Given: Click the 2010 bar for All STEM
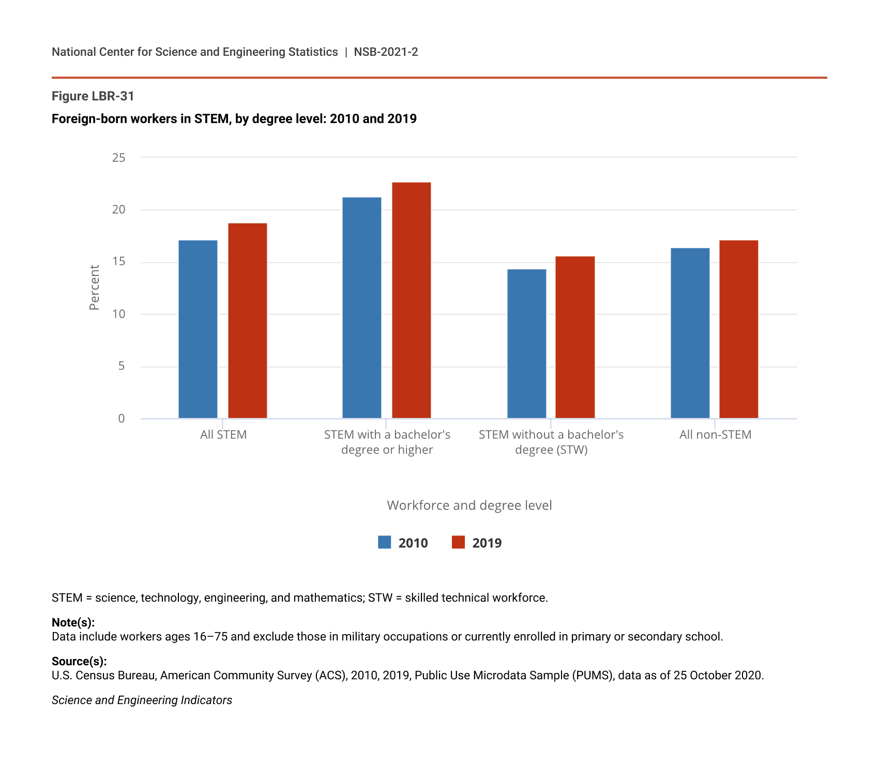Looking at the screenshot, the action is tap(198, 329).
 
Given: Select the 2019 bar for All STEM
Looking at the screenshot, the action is tap(248, 321).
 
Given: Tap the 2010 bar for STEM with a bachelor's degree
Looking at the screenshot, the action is tap(362, 308).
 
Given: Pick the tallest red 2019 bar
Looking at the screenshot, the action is tap(412, 300).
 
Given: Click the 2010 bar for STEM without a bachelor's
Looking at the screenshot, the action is tap(527, 343).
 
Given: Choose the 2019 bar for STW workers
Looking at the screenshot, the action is tap(575, 337).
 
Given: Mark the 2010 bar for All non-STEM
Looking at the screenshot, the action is tap(690, 333).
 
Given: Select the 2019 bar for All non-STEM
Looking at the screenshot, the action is tap(739, 329).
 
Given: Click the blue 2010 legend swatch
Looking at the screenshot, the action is tap(385, 542).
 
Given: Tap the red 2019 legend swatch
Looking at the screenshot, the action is tap(459, 542).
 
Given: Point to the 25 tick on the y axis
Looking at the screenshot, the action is tap(119, 157).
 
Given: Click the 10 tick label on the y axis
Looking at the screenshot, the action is tap(119, 314).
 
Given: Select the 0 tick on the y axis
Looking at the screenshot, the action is tap(122, 418).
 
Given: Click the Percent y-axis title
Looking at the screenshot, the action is tap(94, 288).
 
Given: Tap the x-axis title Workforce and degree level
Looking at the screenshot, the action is tap(469, 505).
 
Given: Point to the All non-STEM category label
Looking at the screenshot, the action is tap(715, 435).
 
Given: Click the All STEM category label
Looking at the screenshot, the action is tap(223, 435).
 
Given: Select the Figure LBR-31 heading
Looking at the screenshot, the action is tap(93, 96).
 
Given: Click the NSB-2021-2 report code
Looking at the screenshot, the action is tap(386, 52).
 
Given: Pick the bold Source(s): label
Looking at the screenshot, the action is tap(79, 661).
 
